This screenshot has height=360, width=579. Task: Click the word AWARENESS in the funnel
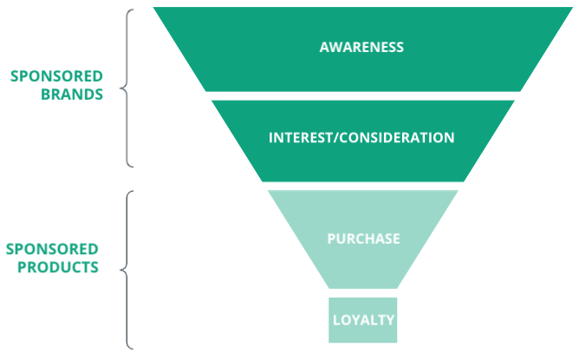tap(361, 47)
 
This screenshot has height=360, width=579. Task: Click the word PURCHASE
tap(363, 239)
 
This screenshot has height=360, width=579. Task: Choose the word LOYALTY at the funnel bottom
tap(363, 320)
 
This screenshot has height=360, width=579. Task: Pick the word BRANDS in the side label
tap(72, 95)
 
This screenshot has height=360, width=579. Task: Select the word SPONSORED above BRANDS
tap(56, 76)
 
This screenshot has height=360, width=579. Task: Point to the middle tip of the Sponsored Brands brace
tap(120, 87)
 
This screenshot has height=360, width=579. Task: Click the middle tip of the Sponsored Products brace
tap(120, 270)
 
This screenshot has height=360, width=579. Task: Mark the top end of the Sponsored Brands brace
tap(135, 10)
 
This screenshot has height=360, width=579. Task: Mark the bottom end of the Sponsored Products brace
tap(135, 349)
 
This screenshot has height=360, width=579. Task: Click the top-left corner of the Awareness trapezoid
tap(153, 9)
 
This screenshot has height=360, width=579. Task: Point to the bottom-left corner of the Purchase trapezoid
tap(329, 288)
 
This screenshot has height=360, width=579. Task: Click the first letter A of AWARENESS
tap(324, 47)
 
